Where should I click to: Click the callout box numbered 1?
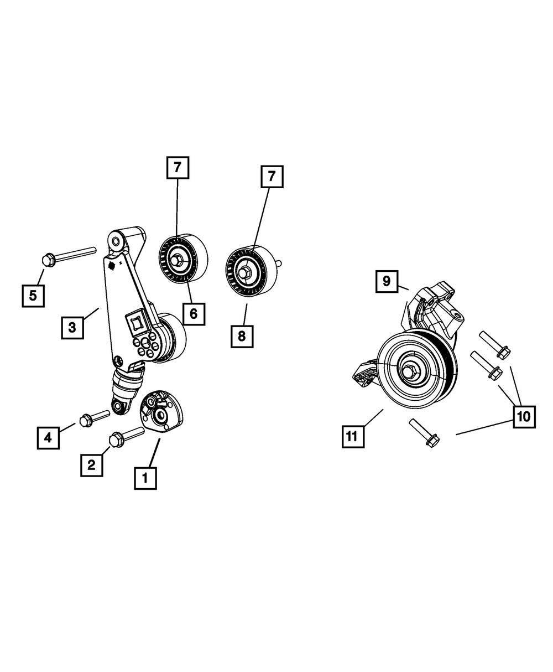tap(145, 478)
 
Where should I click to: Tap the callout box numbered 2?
tap(91, 465)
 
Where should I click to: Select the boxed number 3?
tap(72, 327)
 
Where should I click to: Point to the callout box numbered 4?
tap(48, 437)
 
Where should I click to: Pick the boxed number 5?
tap(33, 296)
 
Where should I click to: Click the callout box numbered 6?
tap(194, 313)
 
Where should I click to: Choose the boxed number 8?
tap(242, 336)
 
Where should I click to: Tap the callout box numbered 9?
tap(386, 281)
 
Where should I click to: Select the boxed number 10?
tap(524, 416)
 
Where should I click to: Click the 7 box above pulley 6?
tap(178, 168)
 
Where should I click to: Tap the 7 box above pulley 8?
tap(272, 177)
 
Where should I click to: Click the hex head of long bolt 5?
tap(48, 259)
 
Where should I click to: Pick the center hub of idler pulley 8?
tap(245, 272)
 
